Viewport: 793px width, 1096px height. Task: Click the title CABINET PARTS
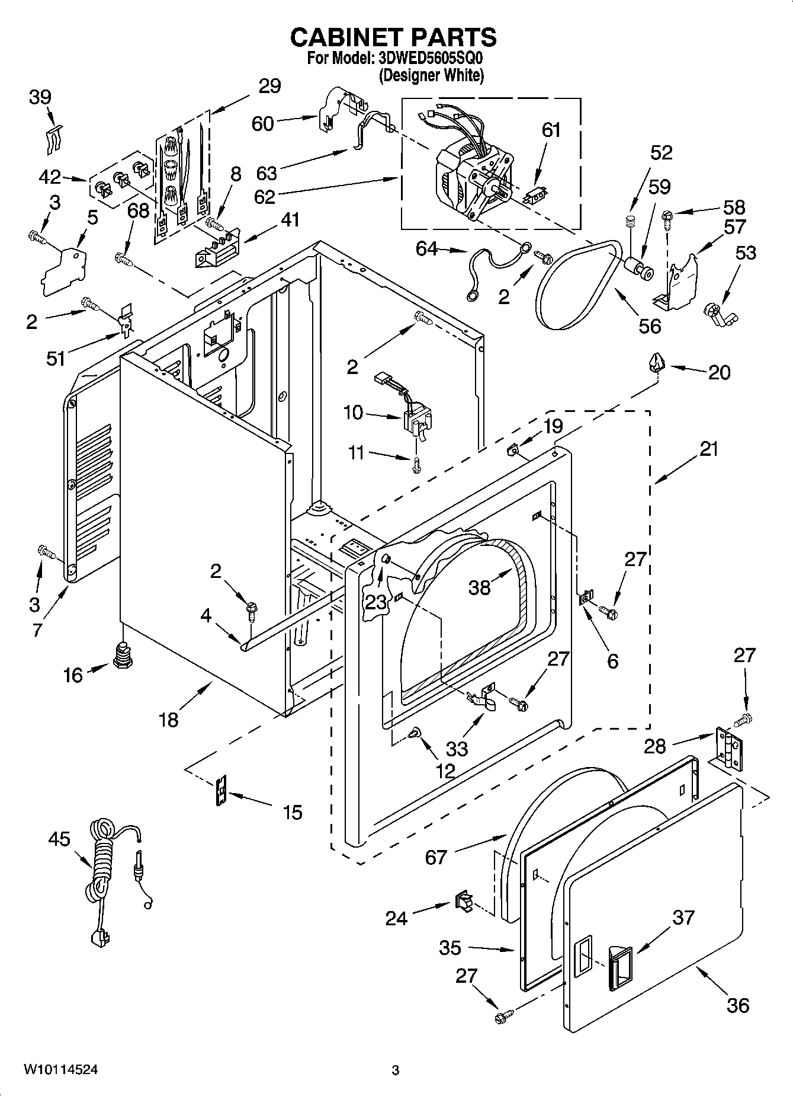393,38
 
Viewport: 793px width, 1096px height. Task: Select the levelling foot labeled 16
122,656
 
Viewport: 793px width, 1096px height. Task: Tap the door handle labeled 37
619,967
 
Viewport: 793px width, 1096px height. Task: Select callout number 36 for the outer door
737,1005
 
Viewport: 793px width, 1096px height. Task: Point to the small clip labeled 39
54,139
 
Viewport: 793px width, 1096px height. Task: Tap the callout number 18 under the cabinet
169,720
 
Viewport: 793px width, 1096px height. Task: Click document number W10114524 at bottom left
60,1069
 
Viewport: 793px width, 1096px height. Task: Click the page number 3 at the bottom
396,1070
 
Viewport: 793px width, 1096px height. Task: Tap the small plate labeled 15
221,792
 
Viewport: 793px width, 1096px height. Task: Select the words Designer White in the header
431,76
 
